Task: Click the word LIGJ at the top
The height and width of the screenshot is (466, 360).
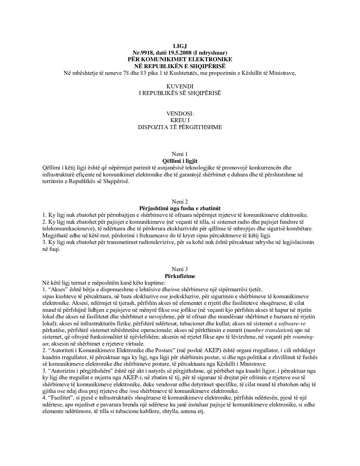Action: (x=180, y=46)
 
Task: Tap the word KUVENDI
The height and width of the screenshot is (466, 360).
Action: (x=180, y=86)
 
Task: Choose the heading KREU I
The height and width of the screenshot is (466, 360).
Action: (x=180, y=120)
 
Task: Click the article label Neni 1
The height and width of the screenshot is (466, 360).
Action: (x=180, y=154)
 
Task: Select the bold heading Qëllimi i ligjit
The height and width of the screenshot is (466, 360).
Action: (x=180, y=161)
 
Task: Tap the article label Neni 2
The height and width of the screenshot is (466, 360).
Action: (x=180, y=202)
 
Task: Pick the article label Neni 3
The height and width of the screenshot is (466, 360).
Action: (x=180, y=269)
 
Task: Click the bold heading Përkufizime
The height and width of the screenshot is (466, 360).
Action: (x=180, y=276)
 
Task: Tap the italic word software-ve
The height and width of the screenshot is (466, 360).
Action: (x=292, y=323)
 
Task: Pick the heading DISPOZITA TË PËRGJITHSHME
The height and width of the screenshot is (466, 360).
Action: (x=180, y=127)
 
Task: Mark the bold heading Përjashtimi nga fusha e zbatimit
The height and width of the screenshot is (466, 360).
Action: (x=180, y=208)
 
